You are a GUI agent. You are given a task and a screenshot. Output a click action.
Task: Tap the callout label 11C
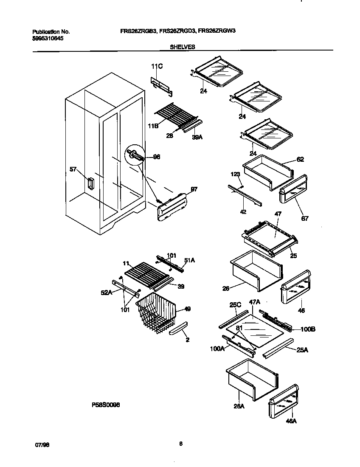(157, 66)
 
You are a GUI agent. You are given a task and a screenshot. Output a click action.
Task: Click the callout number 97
(194, 189)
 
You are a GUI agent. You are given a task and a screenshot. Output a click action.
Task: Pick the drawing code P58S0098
(106, 405)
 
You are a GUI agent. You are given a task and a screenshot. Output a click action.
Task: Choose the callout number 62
(301, 160)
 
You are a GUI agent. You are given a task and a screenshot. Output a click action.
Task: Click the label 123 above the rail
(236, 174)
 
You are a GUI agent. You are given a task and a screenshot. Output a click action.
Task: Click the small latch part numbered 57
(90, 183)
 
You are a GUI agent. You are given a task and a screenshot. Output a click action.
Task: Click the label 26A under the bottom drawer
(239, 406)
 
